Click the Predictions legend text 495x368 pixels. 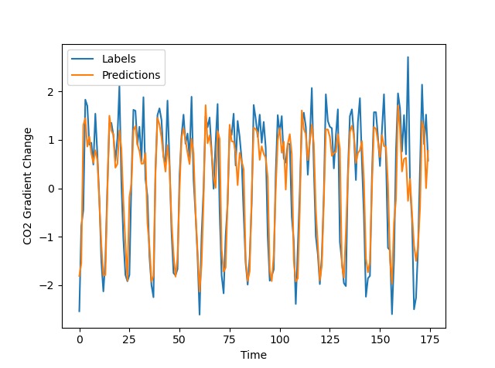pyautogui.click(x=131, y=75)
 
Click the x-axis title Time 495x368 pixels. pyautogui.click(x=254, y=355)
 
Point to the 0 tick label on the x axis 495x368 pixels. pyautogui.click(x=80, y=339)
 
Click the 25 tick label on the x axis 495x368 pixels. pyautogui.click(x=129, y=339)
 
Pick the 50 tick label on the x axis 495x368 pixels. pyautogui.click(x=179, y=339)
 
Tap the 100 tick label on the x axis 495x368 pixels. pyautogui.click(x=279, y=339)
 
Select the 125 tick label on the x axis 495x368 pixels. pyautogui.click(x=329, y=339)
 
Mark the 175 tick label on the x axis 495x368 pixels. pyautogui.click(x=429, y=339)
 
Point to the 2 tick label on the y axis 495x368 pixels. pyautogui.click(x=53, y=92)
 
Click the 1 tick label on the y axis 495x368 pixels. pyautogui.click(x=53, y=140)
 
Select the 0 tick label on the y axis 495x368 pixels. pyautogui.click(x=53, y=189)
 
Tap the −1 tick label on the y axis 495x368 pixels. pyautogui.click(x=49, y=237)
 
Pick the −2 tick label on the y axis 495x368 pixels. pyautogui.click(x=49, y=286)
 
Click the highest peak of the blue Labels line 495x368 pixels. pyautogui.click(x=408, y=57)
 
